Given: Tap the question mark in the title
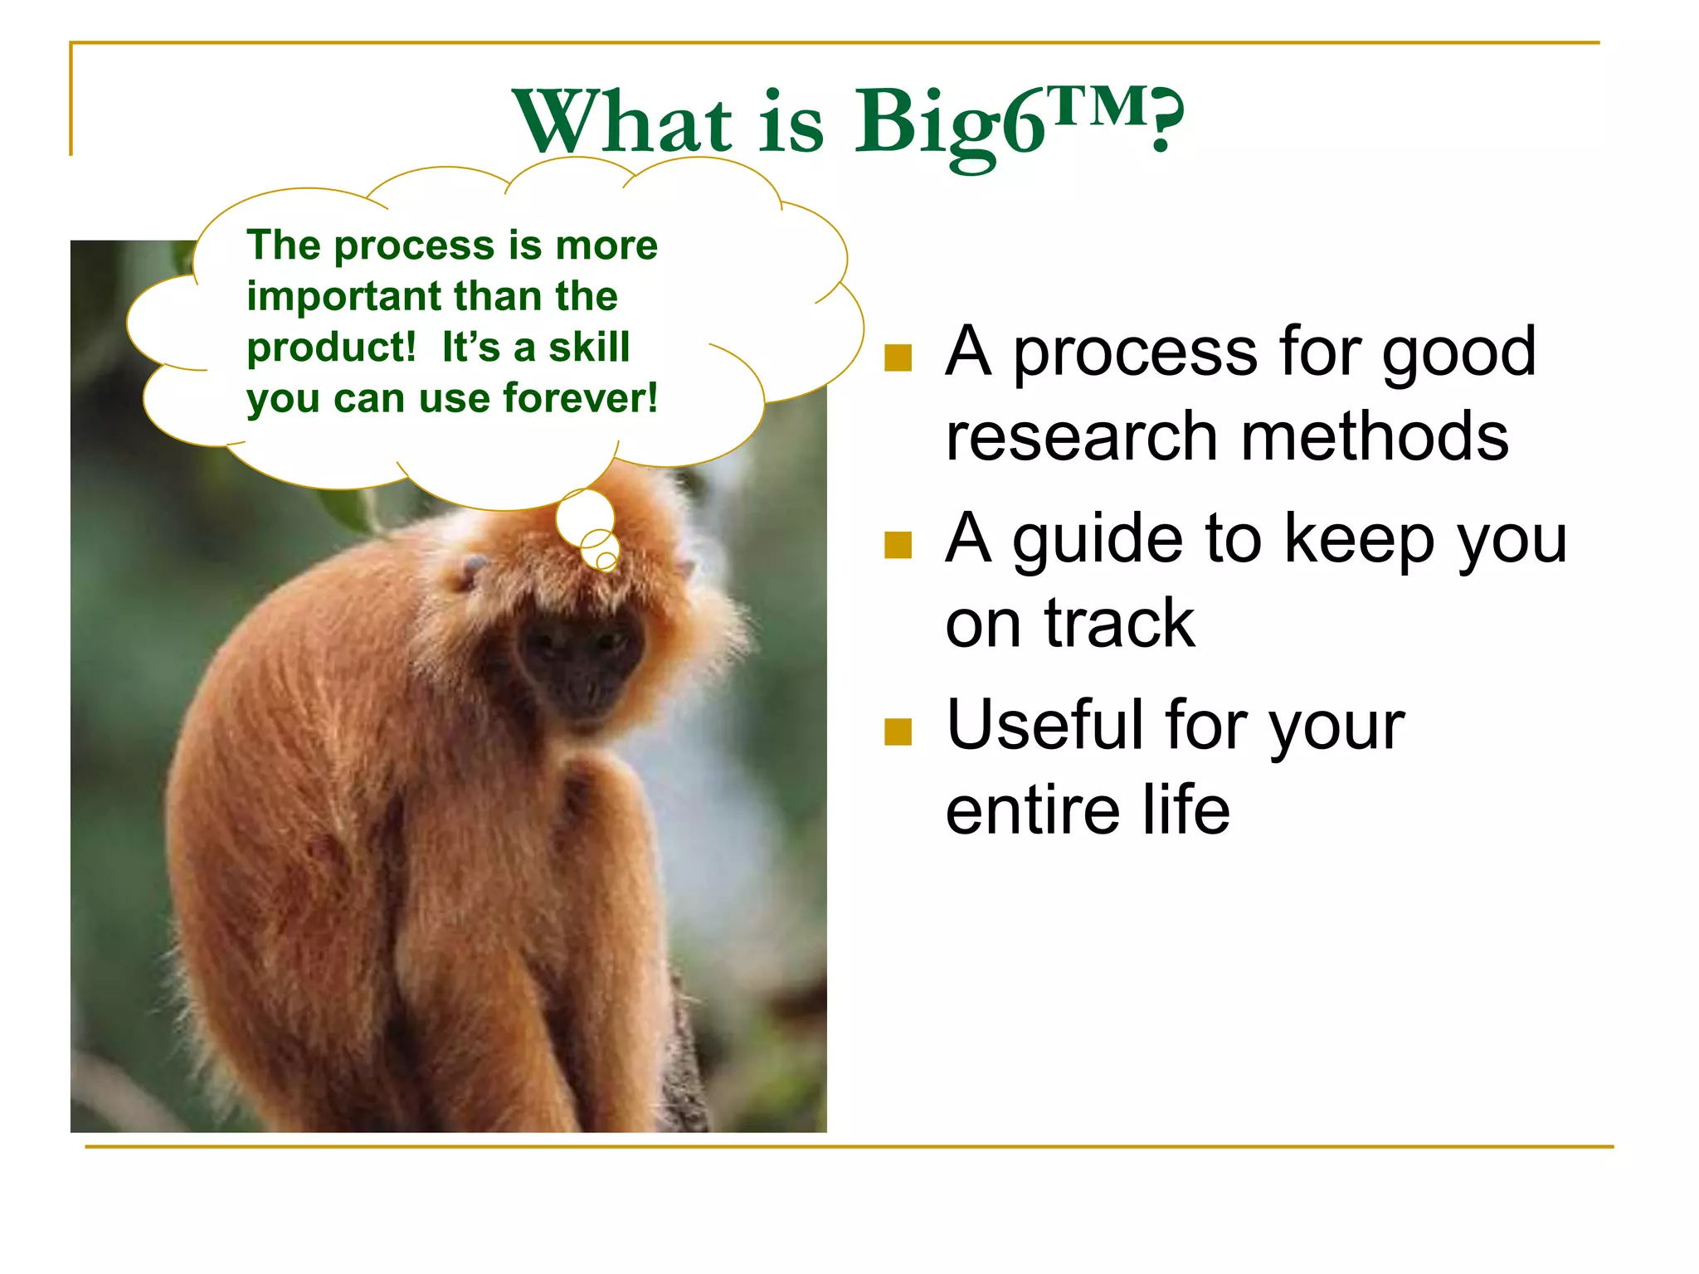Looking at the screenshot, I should coord(1166,120).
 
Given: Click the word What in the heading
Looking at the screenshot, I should coord(622,123).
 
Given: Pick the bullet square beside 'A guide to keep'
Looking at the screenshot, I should coord(898,545).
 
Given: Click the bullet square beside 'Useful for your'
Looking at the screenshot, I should coord(898,732).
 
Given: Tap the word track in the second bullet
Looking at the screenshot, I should coord(1119,624).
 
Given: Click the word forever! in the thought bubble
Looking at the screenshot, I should coord(580,399).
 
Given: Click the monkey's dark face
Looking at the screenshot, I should coord(581,655).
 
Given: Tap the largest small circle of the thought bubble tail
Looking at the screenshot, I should coord(585,516).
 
